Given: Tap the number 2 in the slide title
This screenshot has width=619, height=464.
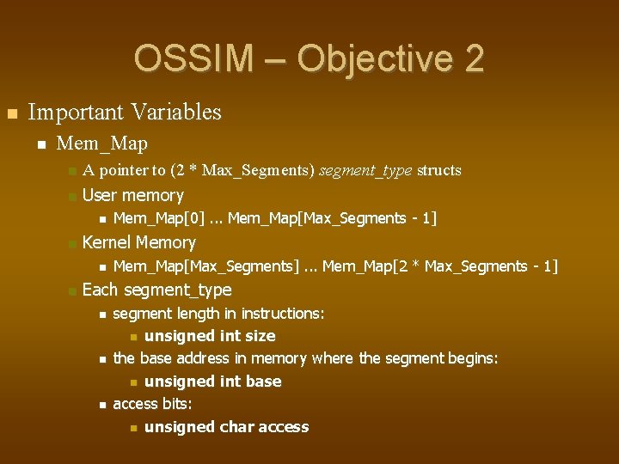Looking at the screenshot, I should tap(474, 58).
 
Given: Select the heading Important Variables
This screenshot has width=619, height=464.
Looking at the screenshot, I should tap(125, 113).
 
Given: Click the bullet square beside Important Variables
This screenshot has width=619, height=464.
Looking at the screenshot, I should tap(10, 113).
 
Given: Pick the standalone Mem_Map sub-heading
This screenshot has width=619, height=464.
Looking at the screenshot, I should tap(101, 143).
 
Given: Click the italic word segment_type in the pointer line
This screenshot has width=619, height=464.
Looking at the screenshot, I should tap(365, 170).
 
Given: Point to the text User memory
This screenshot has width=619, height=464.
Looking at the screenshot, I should tap(132, 196).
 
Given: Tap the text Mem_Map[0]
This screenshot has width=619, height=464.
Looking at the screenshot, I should tap(147, 219).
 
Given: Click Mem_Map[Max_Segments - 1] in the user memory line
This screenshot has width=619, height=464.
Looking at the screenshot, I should tap(333, 219).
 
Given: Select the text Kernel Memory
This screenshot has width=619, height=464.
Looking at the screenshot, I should tap(138, 243).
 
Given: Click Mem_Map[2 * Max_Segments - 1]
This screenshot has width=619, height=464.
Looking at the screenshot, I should tap(439, 267).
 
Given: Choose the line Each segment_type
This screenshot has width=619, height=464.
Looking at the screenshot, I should tap(156, 290).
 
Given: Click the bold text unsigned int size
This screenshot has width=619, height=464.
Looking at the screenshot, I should tap(210, 336).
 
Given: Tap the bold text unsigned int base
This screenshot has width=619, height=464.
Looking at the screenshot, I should tap(212, 382).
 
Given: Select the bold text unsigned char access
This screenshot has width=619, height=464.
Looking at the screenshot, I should tap(226, 427).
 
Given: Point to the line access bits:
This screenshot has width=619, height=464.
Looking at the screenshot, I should tap(152, 404).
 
